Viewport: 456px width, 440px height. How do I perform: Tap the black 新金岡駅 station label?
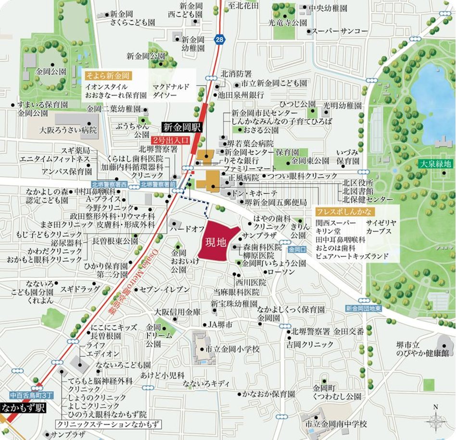click(182, 128)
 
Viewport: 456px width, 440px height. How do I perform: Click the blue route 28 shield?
click(219, 40)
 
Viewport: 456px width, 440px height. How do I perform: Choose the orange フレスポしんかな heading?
click(339, 212)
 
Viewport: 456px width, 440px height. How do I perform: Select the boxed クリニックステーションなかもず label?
click(108, 425)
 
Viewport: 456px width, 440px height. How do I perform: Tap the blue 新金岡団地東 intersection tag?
click(363, 308)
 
